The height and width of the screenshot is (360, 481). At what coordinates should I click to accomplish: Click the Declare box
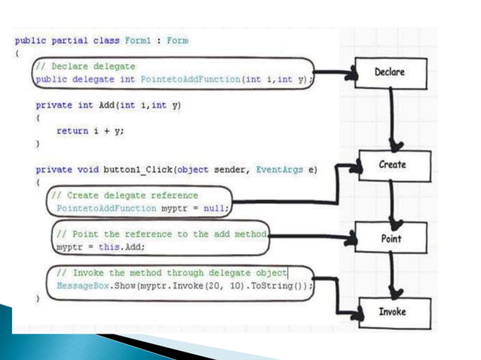point(390,73)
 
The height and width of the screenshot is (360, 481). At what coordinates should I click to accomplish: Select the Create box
point(392,165)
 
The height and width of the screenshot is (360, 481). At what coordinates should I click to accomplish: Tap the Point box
point(391,239)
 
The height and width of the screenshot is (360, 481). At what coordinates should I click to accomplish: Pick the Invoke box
point(391,311)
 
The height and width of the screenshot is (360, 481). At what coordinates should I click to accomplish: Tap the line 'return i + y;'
point(90,129)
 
